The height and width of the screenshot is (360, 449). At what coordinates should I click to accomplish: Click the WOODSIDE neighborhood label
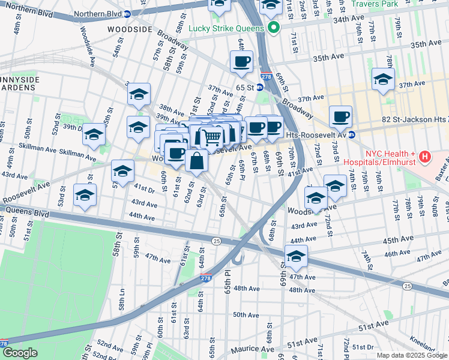tap(130, 29)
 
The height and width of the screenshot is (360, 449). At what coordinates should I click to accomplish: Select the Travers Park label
tap(391, 4)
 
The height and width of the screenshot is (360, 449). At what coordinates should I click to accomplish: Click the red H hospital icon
tap(426, 157)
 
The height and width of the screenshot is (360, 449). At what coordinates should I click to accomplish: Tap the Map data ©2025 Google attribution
tap(412, 355)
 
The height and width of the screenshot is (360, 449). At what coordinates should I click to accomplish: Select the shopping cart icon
tap(211, 137)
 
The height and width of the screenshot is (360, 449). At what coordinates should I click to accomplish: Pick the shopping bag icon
tap(196, 161)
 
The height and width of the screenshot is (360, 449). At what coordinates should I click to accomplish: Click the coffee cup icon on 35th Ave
tap(241, 61)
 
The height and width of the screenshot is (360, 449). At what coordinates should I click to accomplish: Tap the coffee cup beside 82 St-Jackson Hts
tap(340, 116)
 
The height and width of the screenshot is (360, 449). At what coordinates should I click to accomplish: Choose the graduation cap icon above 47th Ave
tap(296, 256)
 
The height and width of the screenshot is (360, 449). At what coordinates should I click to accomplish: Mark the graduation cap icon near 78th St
tap(383, 79)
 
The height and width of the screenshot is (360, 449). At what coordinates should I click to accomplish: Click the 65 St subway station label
tap(245, 87)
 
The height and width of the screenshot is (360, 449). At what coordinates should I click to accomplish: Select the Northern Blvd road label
tap(27, 10)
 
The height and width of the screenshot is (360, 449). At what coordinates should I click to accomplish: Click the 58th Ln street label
tap(122, 298)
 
